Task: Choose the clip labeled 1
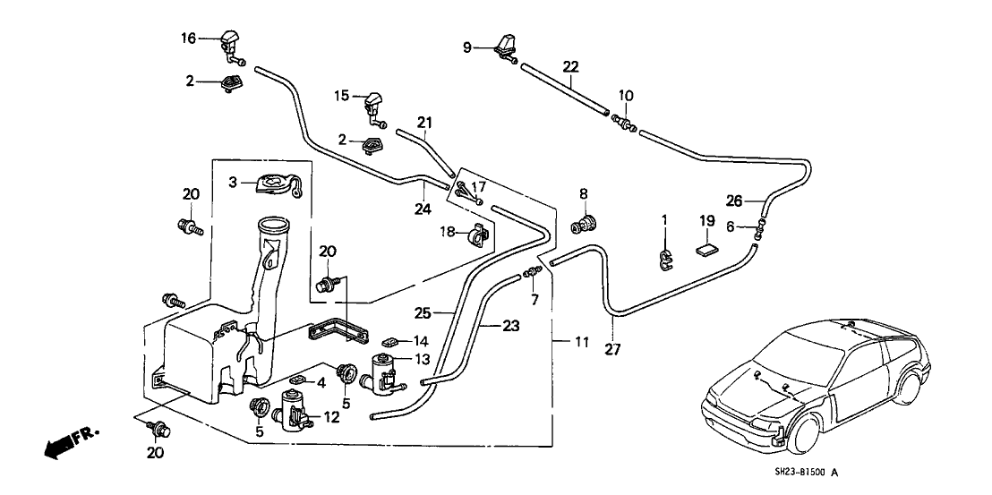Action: tap(664, 259)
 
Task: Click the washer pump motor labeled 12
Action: tap(294, 412)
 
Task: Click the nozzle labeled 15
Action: tap(373, 105)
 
